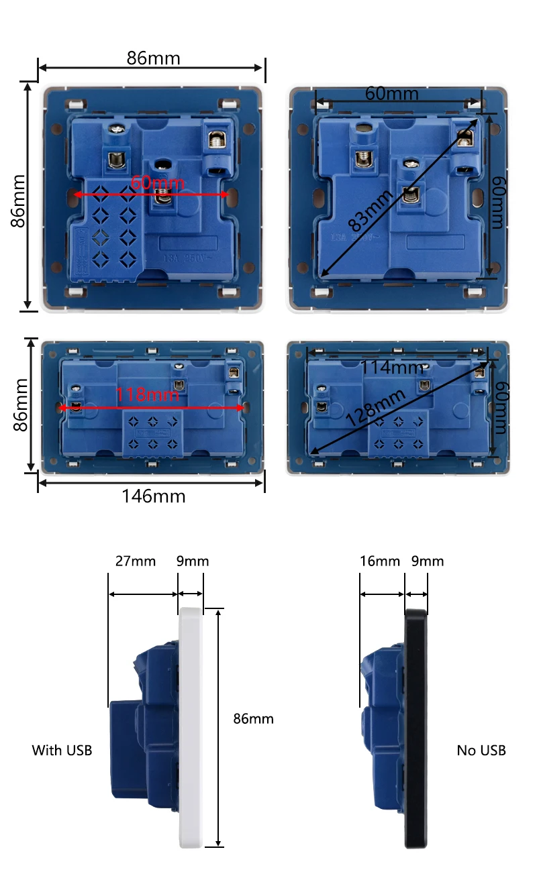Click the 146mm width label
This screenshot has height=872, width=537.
coord(153,496)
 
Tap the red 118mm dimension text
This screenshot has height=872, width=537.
coord(148,394)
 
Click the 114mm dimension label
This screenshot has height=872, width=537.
coord(392,368)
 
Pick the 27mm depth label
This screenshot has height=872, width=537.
coord(135,561)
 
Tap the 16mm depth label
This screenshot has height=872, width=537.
coord(379,561)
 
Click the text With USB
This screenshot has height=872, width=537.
coord(62,750)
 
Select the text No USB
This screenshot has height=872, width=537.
coord(481,750)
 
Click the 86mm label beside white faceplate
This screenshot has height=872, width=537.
coord(253,718)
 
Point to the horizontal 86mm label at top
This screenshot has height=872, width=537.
coord(153,58)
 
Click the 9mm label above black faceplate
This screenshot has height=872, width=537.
coord(427,561)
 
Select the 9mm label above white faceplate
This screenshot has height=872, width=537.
coord(192,561)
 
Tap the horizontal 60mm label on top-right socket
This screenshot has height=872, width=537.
coord(391,93)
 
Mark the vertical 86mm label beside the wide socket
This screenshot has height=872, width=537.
coord(20,405)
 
